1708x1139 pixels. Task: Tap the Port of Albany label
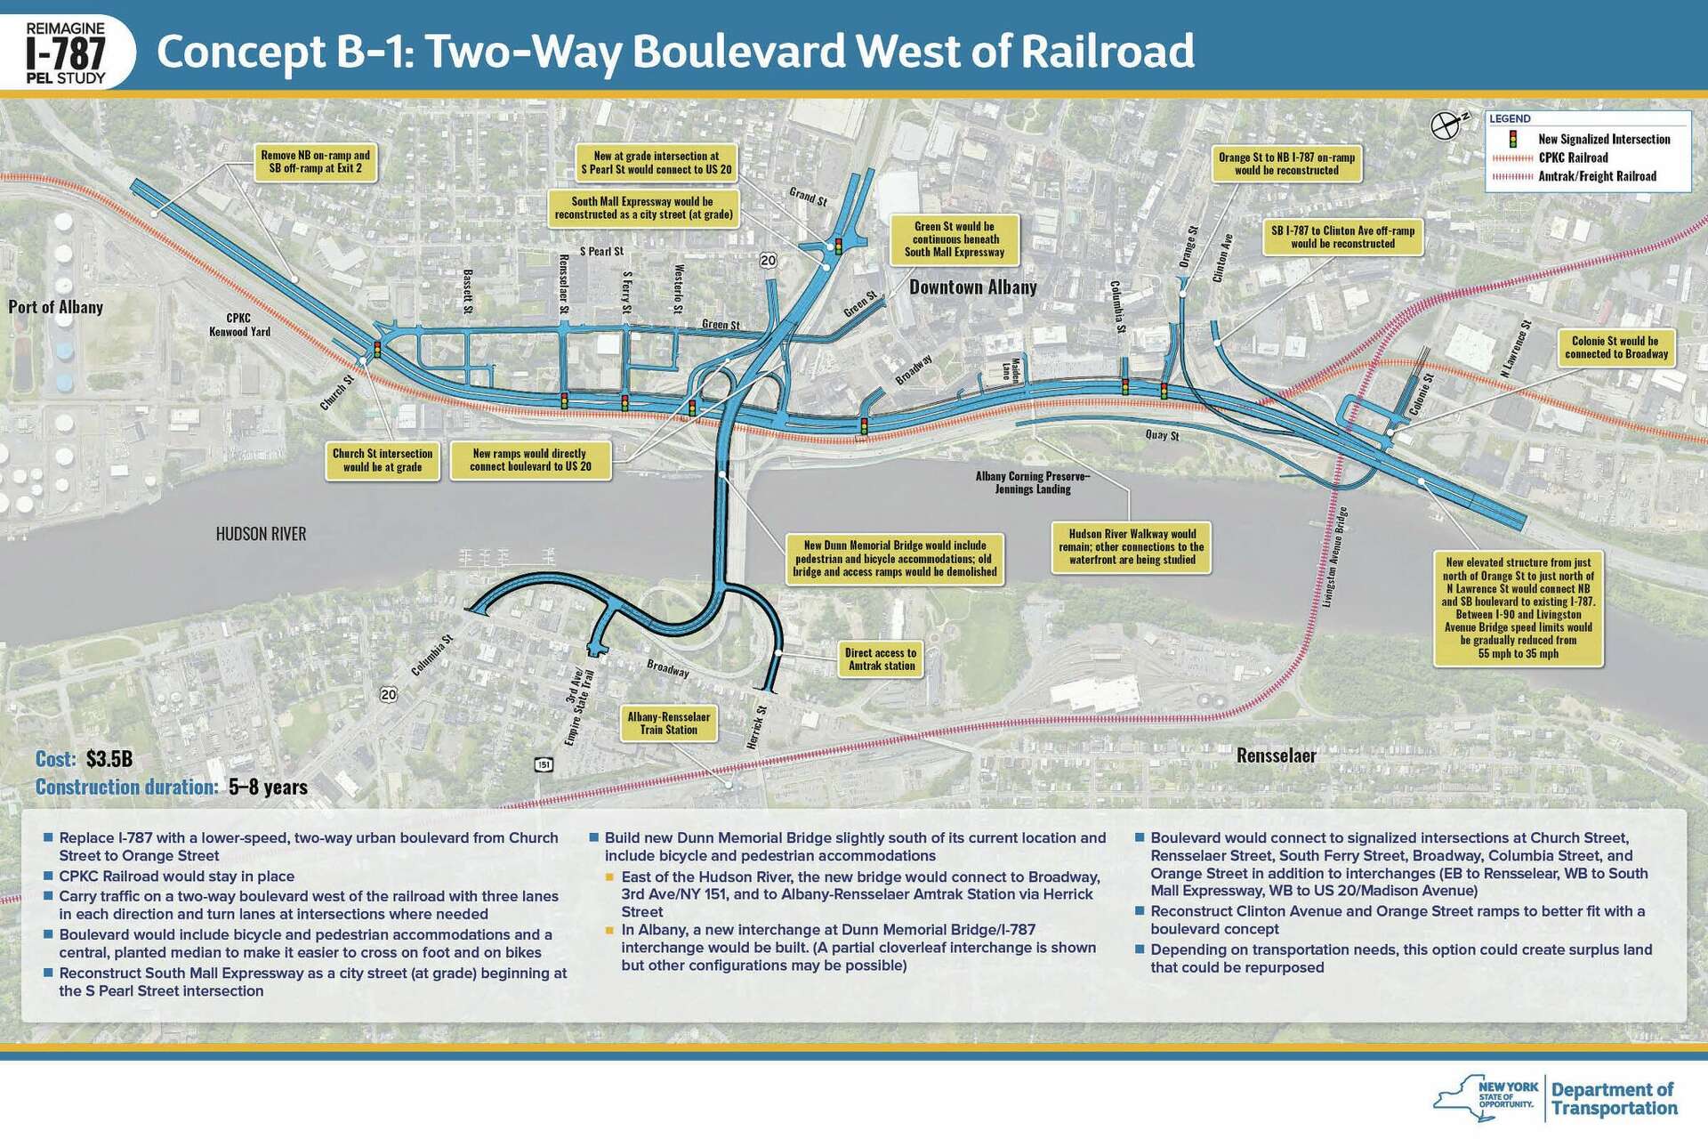click(x=55, y=307)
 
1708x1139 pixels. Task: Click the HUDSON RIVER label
click(x=261, y=534)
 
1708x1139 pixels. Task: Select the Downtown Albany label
click(x=972, y=287)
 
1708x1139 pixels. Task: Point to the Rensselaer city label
click(x=1276, y=755)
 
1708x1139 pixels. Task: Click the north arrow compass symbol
click(x=1446, y=125)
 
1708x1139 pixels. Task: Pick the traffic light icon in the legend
click(x=1511, y=140)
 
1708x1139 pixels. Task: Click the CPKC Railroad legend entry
click(x=1573, y=158)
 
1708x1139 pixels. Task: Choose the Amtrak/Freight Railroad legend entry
click(x=1597, y=176)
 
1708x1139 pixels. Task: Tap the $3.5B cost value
click(x=109, y=759)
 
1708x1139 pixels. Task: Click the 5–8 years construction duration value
click(x=268, y=787)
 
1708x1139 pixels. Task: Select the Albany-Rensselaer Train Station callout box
click(x=668, y=723)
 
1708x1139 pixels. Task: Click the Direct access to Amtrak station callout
click(x=880, y=659)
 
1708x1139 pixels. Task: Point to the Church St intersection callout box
click(x=383, y=459)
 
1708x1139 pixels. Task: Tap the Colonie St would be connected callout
click(x=1615, y=347)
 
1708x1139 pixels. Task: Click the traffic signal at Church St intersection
click(x=376, y=349)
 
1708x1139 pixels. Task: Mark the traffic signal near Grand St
click(x=836, y=246)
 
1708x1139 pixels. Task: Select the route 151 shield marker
click(x=544, y=764)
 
